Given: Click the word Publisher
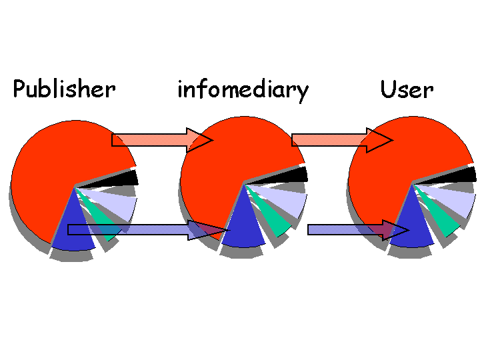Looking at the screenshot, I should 64,89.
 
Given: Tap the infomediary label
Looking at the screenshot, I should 243,89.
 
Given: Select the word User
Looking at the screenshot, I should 407,89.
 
